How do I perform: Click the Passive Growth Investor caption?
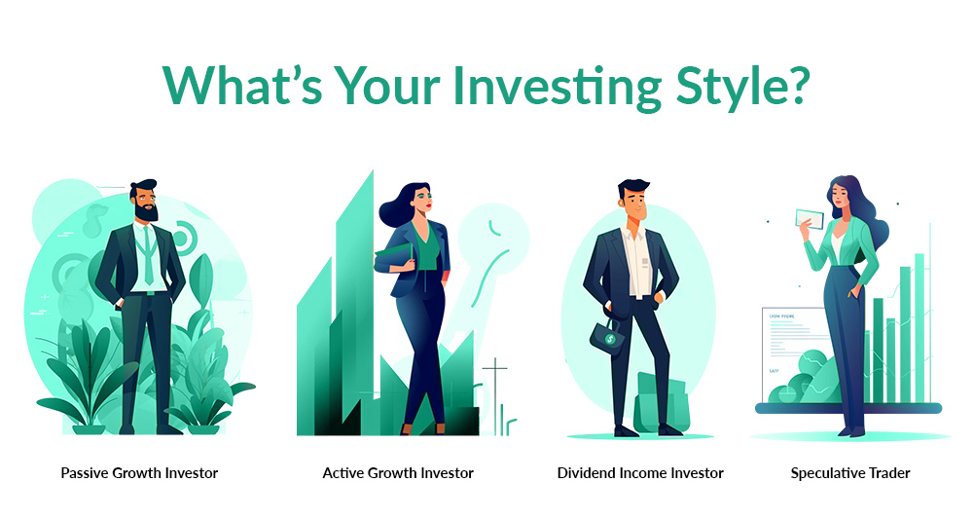pyautogui.click(x=139, y=473)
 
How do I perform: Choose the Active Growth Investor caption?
pyautogui.click(x=398, y=473)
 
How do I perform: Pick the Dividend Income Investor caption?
pyautogui.click(x=640, y=473)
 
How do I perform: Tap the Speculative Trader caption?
pyautogui.click(x=850, y=473)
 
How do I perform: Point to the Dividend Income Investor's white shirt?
pyautogui.click(x=638, y=258)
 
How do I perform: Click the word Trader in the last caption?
pyautogui.click(x=888, y=473)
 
